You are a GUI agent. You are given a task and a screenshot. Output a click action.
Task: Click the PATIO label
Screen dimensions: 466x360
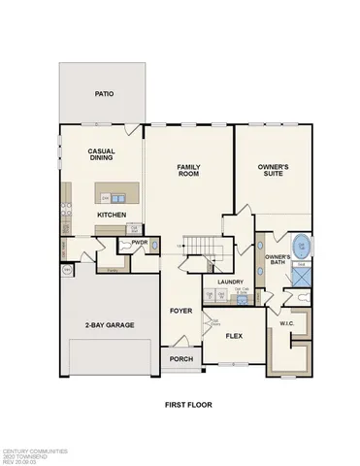(103, 95)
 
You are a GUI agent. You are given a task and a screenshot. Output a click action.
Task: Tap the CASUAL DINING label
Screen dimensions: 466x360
(102, 155)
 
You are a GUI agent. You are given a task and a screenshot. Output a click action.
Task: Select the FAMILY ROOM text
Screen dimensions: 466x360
(188, 171)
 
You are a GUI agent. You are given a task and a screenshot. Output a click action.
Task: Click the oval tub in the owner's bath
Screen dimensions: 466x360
(302, 247)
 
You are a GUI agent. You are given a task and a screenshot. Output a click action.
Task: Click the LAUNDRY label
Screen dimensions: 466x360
(229, 283)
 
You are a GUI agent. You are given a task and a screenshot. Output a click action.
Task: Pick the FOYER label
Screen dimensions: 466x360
(180, 312)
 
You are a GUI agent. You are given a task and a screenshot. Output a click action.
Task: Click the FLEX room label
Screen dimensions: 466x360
(233, 336)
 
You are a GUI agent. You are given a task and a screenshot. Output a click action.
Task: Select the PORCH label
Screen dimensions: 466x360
(180, 359)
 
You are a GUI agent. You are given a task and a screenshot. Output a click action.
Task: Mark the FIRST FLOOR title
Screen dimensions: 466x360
(188, 404)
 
